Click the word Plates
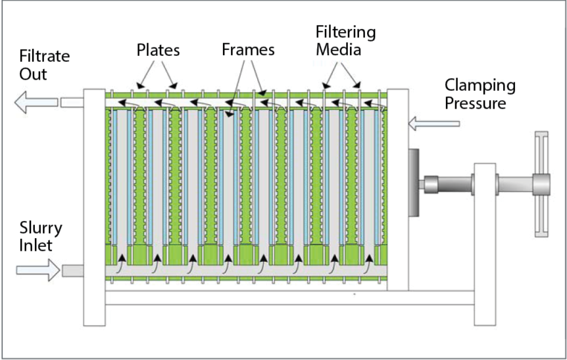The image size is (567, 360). tap(158, 50)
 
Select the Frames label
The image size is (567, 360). tap(248, 50)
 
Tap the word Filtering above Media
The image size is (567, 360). tap(345, 32)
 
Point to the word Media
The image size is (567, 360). tap(338, 49)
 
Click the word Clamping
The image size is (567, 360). tap(480, 85)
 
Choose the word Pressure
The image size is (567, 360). tap(475, 103)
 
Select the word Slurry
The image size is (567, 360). tap(41, 228)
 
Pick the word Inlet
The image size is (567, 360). tap(36, 246)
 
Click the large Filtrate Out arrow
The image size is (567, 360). tap(34, 103)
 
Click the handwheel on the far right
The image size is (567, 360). tap(541, 184)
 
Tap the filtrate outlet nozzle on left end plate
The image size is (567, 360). tap(71, 102)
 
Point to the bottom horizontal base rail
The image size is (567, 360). tap(289, 298)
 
